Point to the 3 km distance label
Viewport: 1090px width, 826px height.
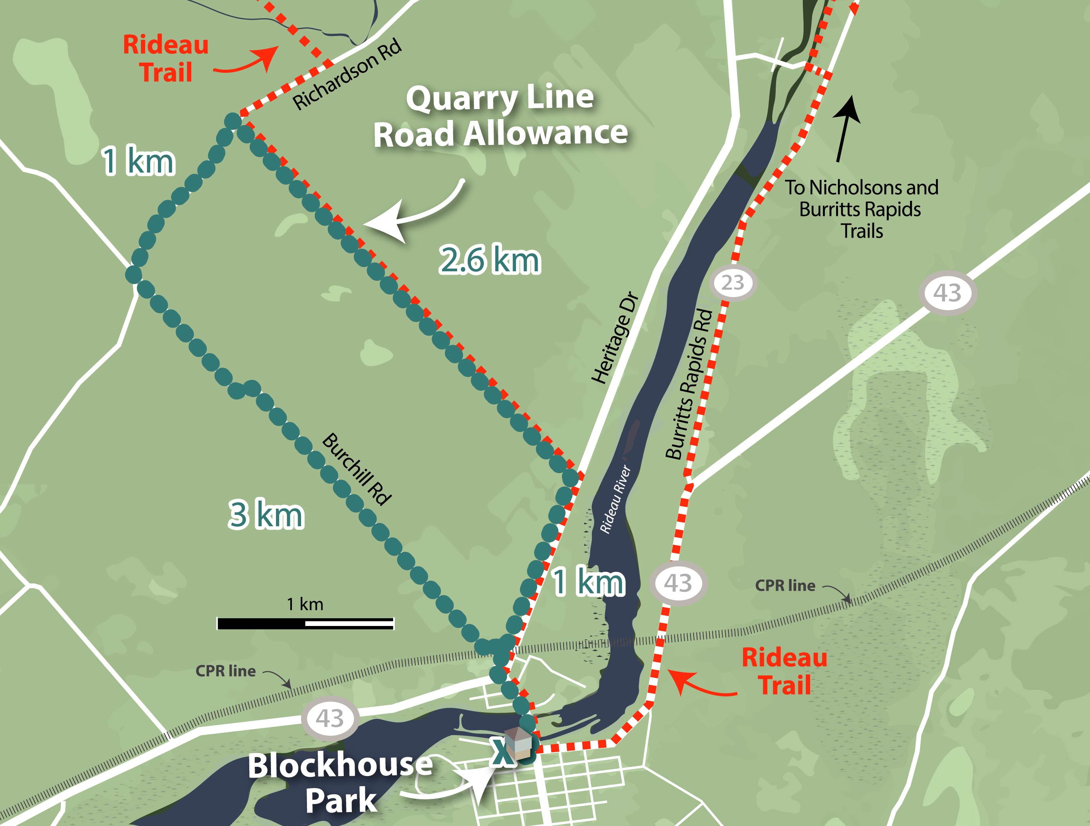coord(266,514)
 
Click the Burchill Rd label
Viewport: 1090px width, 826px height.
coord(357,469)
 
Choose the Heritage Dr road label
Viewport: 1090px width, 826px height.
coord(615,339)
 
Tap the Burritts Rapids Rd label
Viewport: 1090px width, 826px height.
coord(689,384)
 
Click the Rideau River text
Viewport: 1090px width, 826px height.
coord(615,499)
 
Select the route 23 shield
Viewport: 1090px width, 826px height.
coord(732,283)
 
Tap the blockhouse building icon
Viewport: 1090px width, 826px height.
coord(519,742)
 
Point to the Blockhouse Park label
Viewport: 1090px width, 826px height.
coord(340,783)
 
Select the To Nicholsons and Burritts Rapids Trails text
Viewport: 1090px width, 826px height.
coord(861,209)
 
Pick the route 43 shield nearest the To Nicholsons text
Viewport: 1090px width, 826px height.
coord(947,293)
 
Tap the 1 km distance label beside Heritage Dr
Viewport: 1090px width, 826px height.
coord(588,582)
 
